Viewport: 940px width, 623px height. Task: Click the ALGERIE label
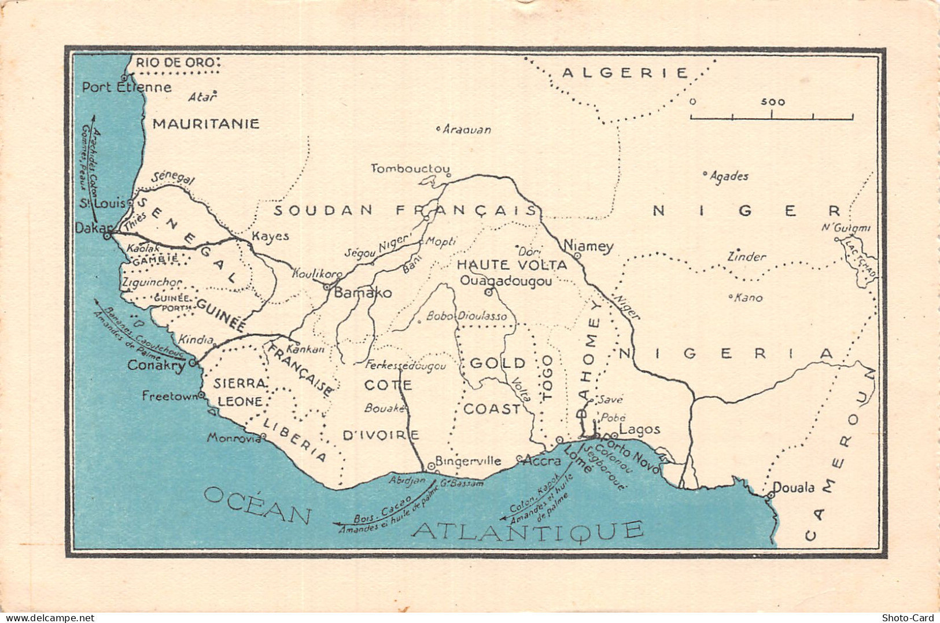tap(625, 73)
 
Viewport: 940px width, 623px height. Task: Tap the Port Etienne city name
tap(127, 87)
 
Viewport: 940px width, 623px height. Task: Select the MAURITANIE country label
tap(205, 123)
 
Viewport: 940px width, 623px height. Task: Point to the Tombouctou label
tap(410, 168)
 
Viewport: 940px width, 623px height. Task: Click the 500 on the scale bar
tap(773, 102)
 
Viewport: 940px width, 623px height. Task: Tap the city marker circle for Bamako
tap(327, 286)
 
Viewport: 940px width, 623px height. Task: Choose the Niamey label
tap(588, 245)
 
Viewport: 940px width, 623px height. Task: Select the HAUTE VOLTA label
tap(512, 265)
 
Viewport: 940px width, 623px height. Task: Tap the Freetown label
tap(169, 396)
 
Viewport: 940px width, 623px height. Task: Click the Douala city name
tap(794, 487)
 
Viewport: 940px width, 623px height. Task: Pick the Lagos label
tap(639, 429)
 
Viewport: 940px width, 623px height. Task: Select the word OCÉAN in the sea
tap(258, 504)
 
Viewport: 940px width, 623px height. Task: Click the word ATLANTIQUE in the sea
tap(529, 529)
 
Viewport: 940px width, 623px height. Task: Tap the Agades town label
tap(729, 176)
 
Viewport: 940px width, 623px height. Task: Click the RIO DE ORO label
tap(175, 62)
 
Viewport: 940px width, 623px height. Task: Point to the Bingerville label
tap(468, 460)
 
